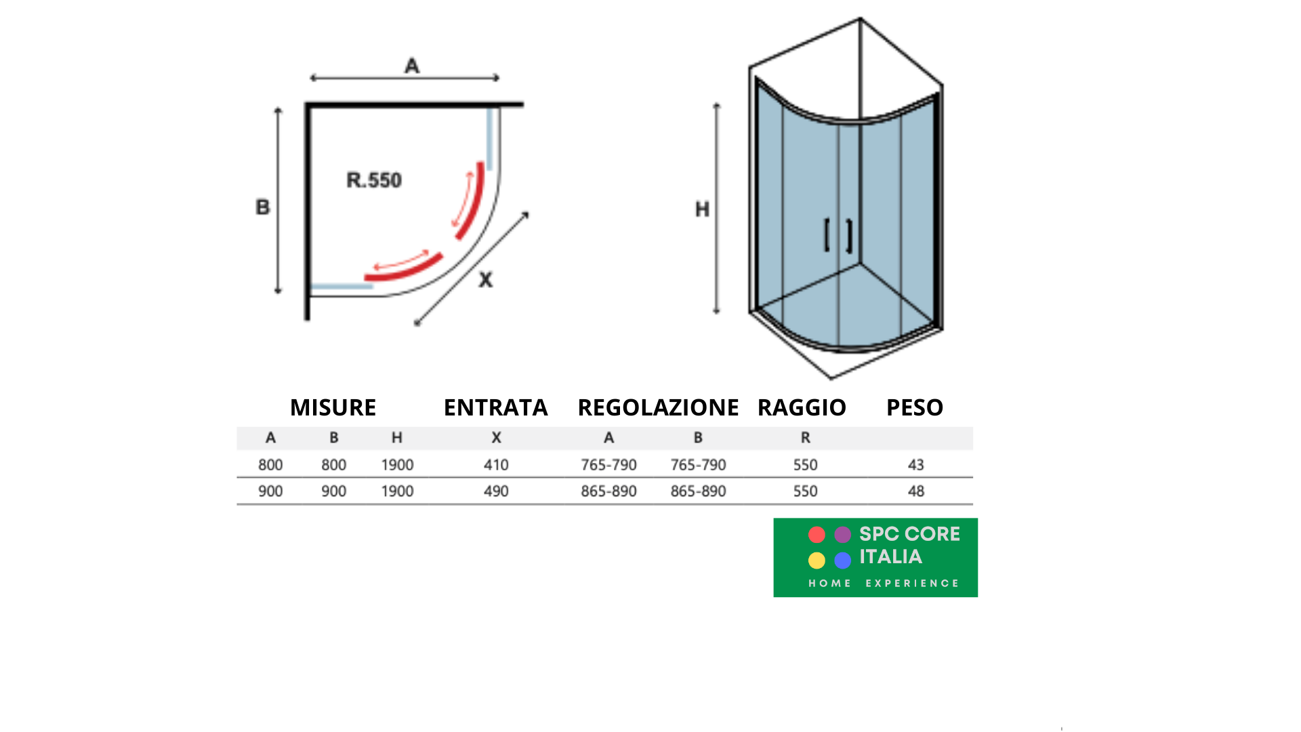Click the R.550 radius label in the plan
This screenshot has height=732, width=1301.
click(x=374, y=180)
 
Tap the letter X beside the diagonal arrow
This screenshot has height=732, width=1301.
click(x=485, y=279)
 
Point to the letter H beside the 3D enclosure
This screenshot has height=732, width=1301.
click(x=702, y=209)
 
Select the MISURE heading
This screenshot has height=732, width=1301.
click(x=333, y=407)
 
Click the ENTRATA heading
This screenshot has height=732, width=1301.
click(x=495, y=407)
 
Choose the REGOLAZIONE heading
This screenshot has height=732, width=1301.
click(x=658, y=407)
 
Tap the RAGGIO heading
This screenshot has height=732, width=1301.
click(x=802, y=407)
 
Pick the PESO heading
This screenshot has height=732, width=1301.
click(x=915, y=407)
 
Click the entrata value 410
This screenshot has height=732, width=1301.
click(x=496, y=465)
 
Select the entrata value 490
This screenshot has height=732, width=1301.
click(x=496, y=491)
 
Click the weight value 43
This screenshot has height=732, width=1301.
click(x=916, y=465)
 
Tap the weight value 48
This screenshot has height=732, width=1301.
click(x=916, y=491)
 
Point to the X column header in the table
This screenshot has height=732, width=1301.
click(x=497, y=438)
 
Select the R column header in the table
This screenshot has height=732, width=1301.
click(x=806, y=438)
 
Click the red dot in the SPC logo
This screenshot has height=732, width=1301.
click(x=817, y=535)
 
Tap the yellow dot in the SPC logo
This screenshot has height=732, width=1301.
click(x=817, y=561)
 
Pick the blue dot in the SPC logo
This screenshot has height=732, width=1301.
click(x=842, y=561)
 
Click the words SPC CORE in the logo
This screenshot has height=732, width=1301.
click(x=909, y=534)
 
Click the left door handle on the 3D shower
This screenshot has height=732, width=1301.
click(x=827, y=235)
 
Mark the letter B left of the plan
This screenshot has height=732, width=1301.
click(x=262, y=207)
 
